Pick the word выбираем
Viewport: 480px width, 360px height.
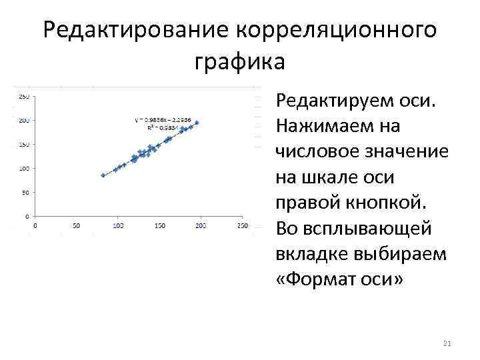coord(393,253)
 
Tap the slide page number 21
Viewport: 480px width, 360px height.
coord(447,344)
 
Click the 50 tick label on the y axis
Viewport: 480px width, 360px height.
coord(25,192)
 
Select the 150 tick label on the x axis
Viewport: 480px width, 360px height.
coord(159,227)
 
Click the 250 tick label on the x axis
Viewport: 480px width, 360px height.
coord(242,227)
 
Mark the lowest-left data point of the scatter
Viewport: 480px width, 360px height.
coord(103,175)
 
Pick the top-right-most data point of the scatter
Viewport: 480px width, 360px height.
coord(197,123)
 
